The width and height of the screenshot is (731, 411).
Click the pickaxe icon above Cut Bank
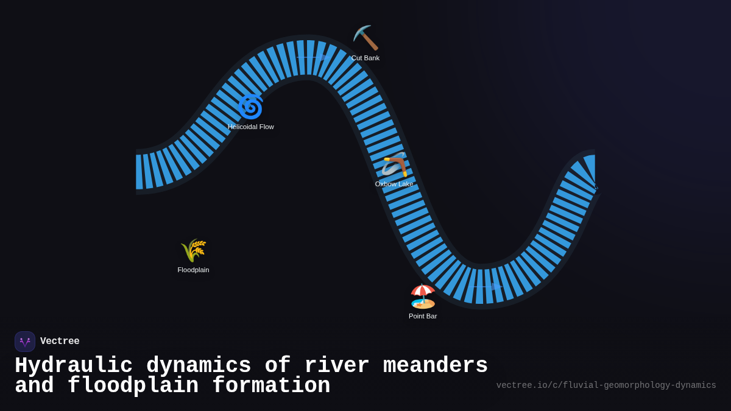point(365,38)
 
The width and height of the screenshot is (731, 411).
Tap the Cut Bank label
point(365,58)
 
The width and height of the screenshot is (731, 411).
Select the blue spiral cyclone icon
point(250,107)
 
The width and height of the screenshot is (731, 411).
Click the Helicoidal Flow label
point(251,127)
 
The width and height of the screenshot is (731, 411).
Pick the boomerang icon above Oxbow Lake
point(395,164)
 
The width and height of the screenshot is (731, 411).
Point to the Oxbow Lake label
point(394,184)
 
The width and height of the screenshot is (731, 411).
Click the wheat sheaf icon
point(194,250)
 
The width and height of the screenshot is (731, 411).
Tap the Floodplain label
point(193,270)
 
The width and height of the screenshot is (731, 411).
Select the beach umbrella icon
point(423,297)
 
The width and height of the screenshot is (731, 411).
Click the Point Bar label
point(423,316)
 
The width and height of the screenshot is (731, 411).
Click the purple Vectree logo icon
point(25,342)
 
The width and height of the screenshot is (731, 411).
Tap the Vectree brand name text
point(60,342)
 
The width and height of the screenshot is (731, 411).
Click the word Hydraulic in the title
point(74,366)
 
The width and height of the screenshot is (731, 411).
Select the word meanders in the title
point(436,366)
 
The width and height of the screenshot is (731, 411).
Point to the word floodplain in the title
point(133,386)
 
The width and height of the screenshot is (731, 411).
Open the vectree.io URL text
point(606,385)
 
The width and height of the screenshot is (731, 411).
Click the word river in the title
point(337,366)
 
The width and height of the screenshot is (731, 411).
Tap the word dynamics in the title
point(199,366)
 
